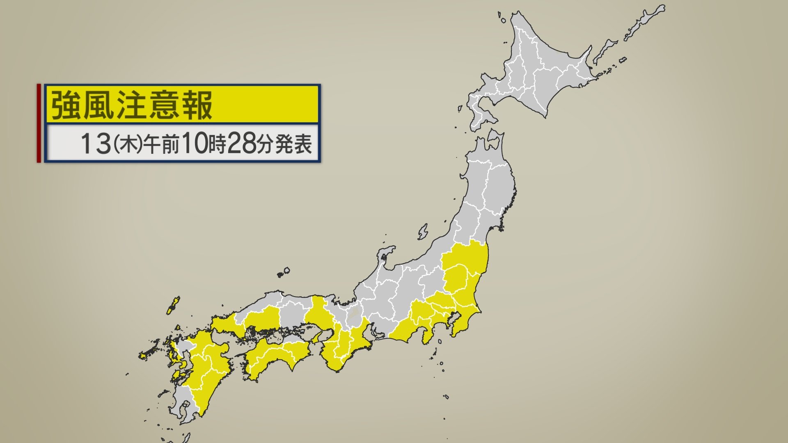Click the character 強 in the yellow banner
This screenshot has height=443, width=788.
[66, 105]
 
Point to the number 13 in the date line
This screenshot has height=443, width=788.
[95, 144]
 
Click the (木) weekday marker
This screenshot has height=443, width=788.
[128, 144]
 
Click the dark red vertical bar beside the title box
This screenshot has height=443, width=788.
[39, 123]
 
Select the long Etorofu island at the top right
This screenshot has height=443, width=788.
[644, 23]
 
